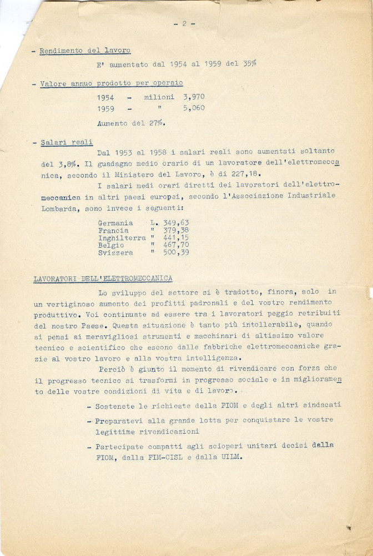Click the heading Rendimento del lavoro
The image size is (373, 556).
85,51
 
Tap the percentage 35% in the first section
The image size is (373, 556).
249,63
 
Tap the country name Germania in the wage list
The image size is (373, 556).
115,222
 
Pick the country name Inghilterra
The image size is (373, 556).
122,237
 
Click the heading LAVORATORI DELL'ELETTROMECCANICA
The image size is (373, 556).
103,278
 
